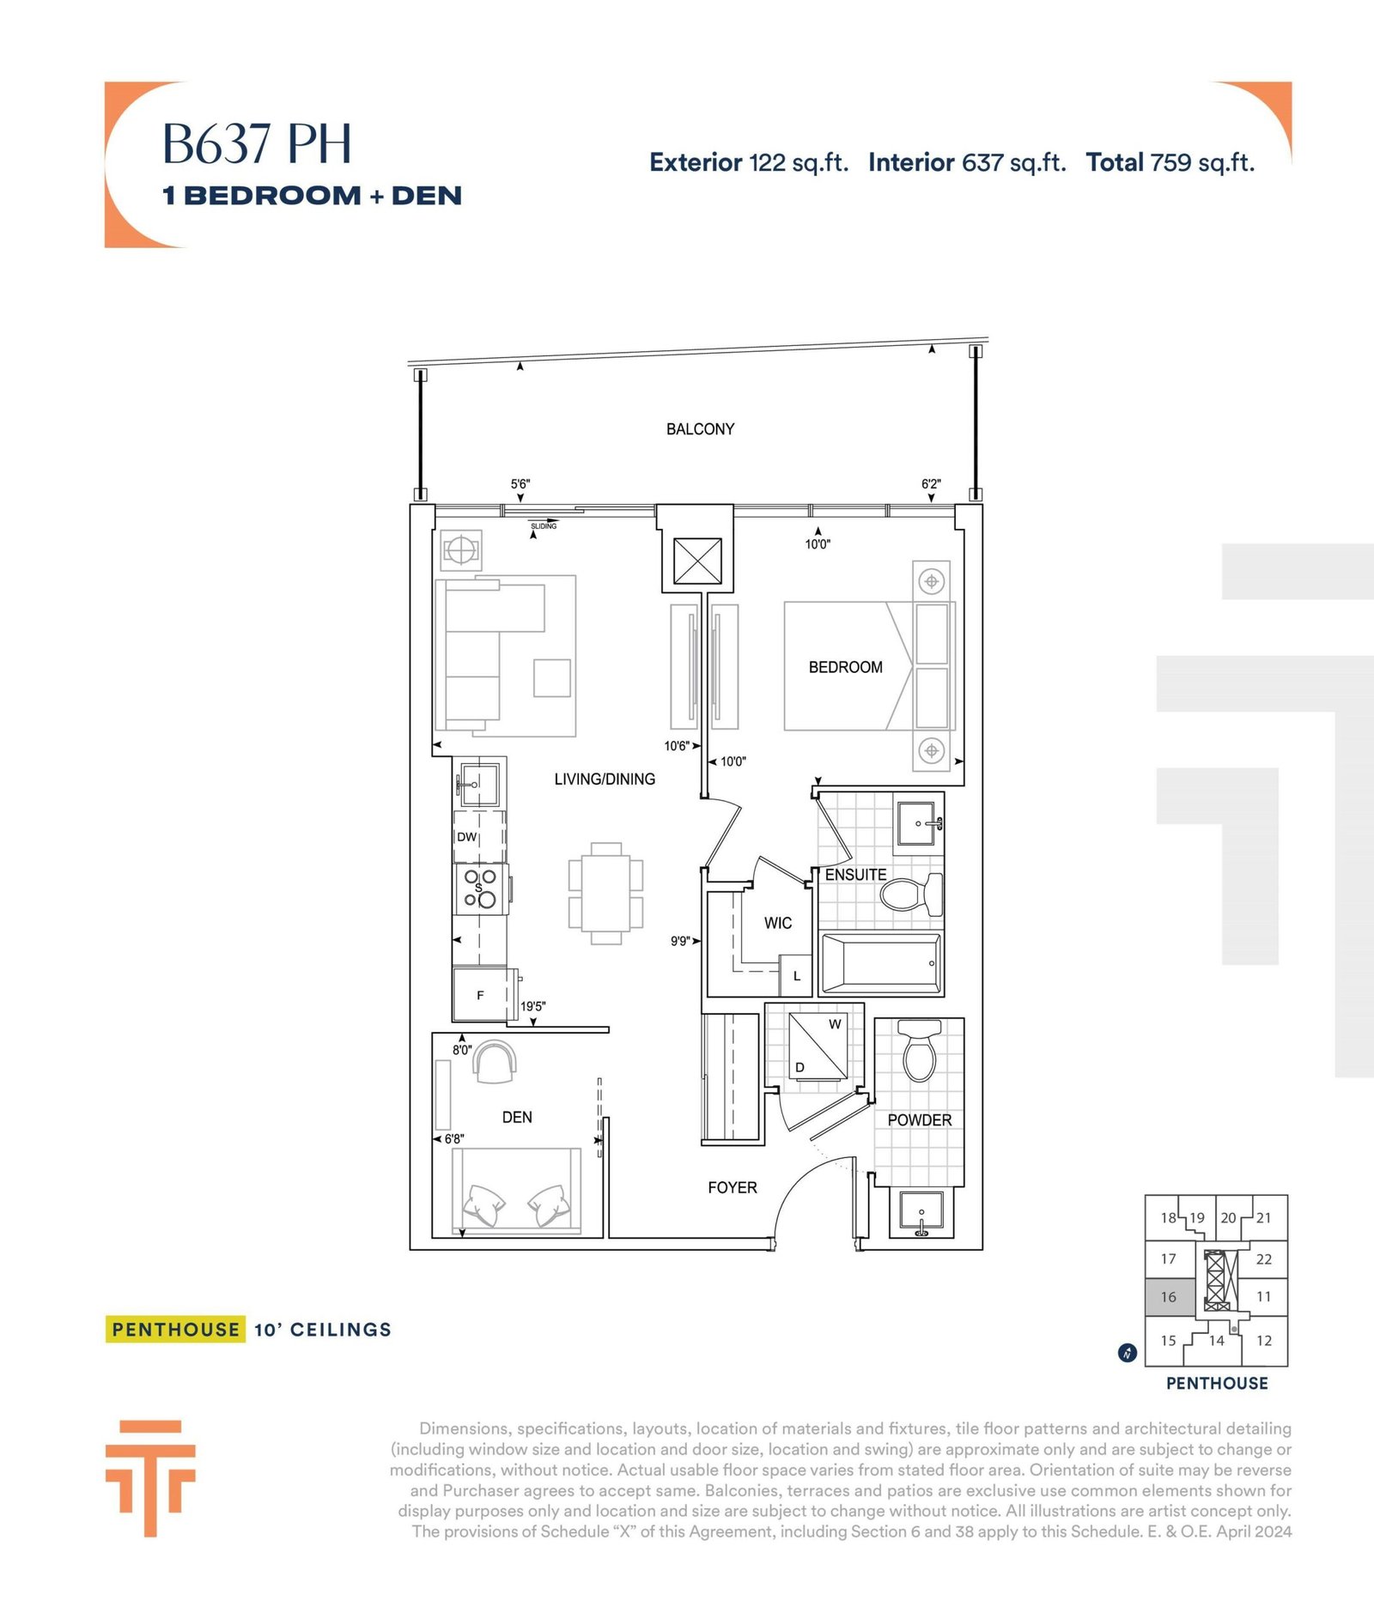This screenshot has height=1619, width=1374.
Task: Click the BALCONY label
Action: click(700, 429)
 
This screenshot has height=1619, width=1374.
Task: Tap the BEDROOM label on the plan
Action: click(845, 667)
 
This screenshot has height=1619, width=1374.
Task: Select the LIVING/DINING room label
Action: click(605, 779)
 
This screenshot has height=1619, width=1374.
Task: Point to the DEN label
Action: click(517, 1117)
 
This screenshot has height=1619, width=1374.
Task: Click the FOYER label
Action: click(733, 1187)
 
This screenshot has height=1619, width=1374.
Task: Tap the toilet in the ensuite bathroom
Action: click(912, 893)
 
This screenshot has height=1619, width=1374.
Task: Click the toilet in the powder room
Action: click(919, 1051)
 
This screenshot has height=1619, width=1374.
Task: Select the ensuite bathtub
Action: click(881, 963)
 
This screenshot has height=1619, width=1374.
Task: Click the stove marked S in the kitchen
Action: click(480, 888)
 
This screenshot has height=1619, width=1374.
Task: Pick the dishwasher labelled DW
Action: click(479, 836)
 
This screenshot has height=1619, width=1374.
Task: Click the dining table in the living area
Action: click(606, 894)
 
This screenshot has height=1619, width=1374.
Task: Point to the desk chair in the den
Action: click(495, 1062)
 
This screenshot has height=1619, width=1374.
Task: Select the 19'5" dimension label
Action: click(532, 1006)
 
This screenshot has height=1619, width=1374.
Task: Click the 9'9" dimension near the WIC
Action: click(680, 941)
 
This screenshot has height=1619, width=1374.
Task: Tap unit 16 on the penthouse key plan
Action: click(1169, 1296)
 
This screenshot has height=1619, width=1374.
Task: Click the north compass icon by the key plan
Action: click(1128, 1353)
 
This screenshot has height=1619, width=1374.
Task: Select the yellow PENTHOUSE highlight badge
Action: click(175, 1330)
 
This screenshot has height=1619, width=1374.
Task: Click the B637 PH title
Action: click(257, 143)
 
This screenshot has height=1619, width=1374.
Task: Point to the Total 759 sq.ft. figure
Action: click(1170, 162)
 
